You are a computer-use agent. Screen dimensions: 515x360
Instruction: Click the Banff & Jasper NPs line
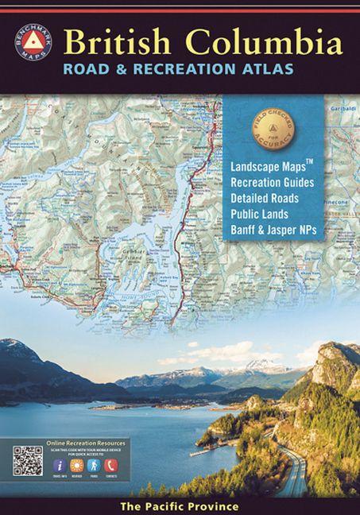[281, 230]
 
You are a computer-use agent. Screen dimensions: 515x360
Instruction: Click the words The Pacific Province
[180, 505]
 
